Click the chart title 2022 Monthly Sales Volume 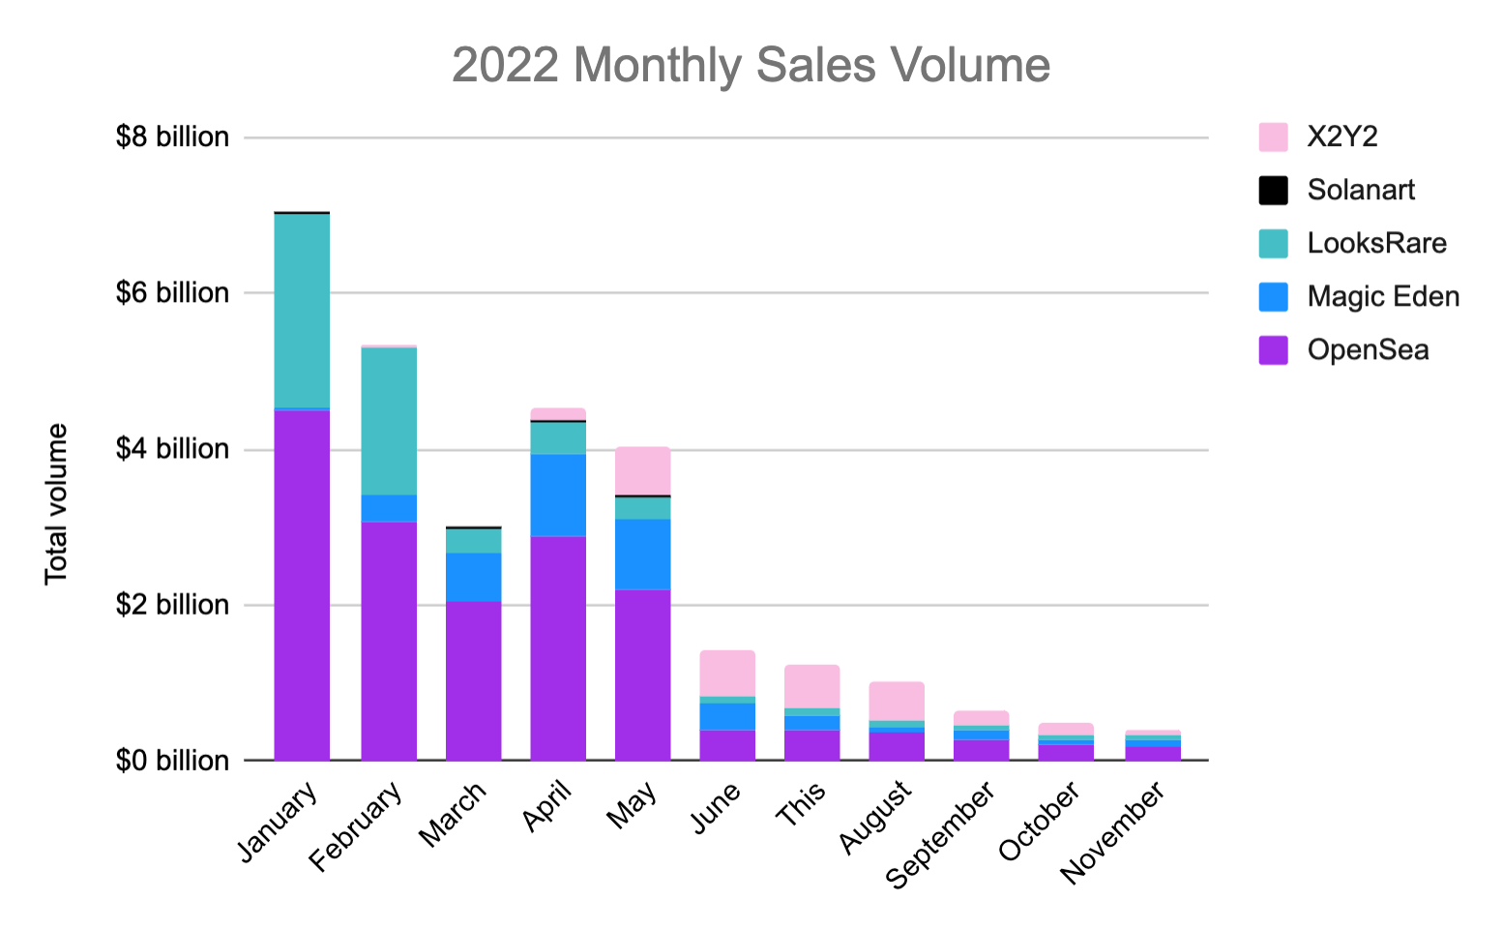pos(751,66)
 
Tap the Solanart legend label pos(1360,190)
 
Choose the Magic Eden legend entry pos(1382,296)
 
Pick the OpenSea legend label pos(1367,349)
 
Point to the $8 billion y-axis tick pos(172,137)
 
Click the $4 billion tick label pos(172,449)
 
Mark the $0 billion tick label pos(172,761)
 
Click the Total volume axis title pos(56,503)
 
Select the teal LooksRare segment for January pos(302,310)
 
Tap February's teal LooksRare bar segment pos(389,421)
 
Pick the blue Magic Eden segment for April pos(558,495)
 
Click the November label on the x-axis pos(1114,833)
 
